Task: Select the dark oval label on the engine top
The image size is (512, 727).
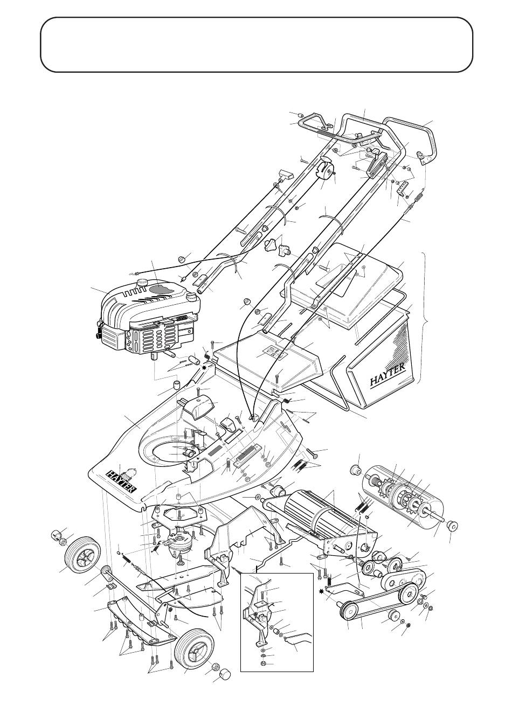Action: click(162, 290)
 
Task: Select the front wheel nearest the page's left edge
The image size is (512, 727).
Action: click(76, 556)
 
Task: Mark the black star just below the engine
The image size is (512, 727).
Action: click(204, 368)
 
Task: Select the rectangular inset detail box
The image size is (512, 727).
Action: click(276, 622)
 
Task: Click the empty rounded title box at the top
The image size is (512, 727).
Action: click(257, 45)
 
